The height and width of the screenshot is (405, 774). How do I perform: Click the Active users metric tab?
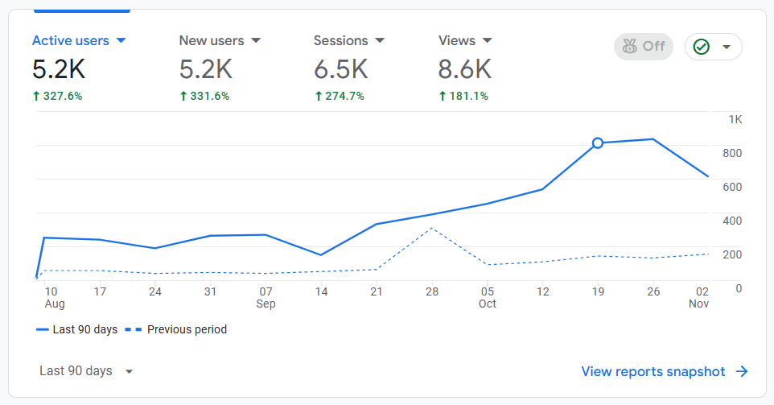pyautogui.click(x=79, y=40)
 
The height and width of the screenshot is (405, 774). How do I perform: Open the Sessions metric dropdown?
pyautogui.click(x=380, y=40)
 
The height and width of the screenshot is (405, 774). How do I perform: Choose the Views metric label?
pyautogui.click(x=457, y=40)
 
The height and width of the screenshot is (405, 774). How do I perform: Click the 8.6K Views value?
pyautogui.click(x=464, y=70)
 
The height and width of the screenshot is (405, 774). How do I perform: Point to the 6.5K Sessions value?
pyautogui.click(x=340, y=70)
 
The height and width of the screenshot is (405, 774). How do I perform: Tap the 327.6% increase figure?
pyautogui.click(x=57, y=96)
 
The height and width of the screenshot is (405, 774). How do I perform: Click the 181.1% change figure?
pyautogui.click(x=465, y=96)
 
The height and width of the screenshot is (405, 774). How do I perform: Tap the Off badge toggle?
pyautogui.click(x=643, y=47)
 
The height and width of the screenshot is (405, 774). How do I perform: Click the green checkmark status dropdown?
pyautogui.click(x=713, y=47)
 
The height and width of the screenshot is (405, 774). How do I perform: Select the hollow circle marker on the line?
pyautogui.click(x=598, y=143)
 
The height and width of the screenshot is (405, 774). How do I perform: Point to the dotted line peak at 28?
pyautogui.click(x=432, y=228)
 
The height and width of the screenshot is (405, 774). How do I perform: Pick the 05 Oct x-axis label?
pyautogui.click(x=488, y=297)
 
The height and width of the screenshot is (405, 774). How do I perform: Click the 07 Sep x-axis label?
pyautogui.click(x=266, y=297)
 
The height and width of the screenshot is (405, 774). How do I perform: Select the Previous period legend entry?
pyautogui.click(x=177, y=329)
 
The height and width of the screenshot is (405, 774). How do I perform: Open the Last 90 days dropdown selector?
pyautogui.click(x=86, y=371)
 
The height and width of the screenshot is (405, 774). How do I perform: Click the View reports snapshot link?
pyautogui.click(x=665, y=371)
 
